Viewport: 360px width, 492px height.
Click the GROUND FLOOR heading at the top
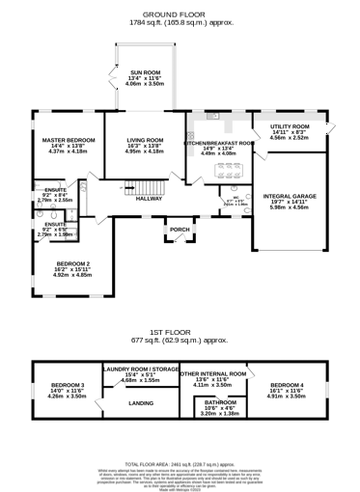(180, 15)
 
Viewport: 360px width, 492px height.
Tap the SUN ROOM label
(145, 72)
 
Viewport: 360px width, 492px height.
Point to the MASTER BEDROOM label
(68, 140)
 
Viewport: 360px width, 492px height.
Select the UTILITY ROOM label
(290, 126)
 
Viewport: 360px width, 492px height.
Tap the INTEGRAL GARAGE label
(290, 195)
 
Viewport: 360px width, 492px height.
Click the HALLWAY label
(148, 198)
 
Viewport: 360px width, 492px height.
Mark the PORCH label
(180, 230)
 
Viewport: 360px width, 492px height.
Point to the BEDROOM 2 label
(72, 263)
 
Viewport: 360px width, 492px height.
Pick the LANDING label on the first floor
(141, 403)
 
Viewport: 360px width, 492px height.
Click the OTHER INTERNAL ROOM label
(212, 373)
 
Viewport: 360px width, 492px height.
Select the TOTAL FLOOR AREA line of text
(180, 463)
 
